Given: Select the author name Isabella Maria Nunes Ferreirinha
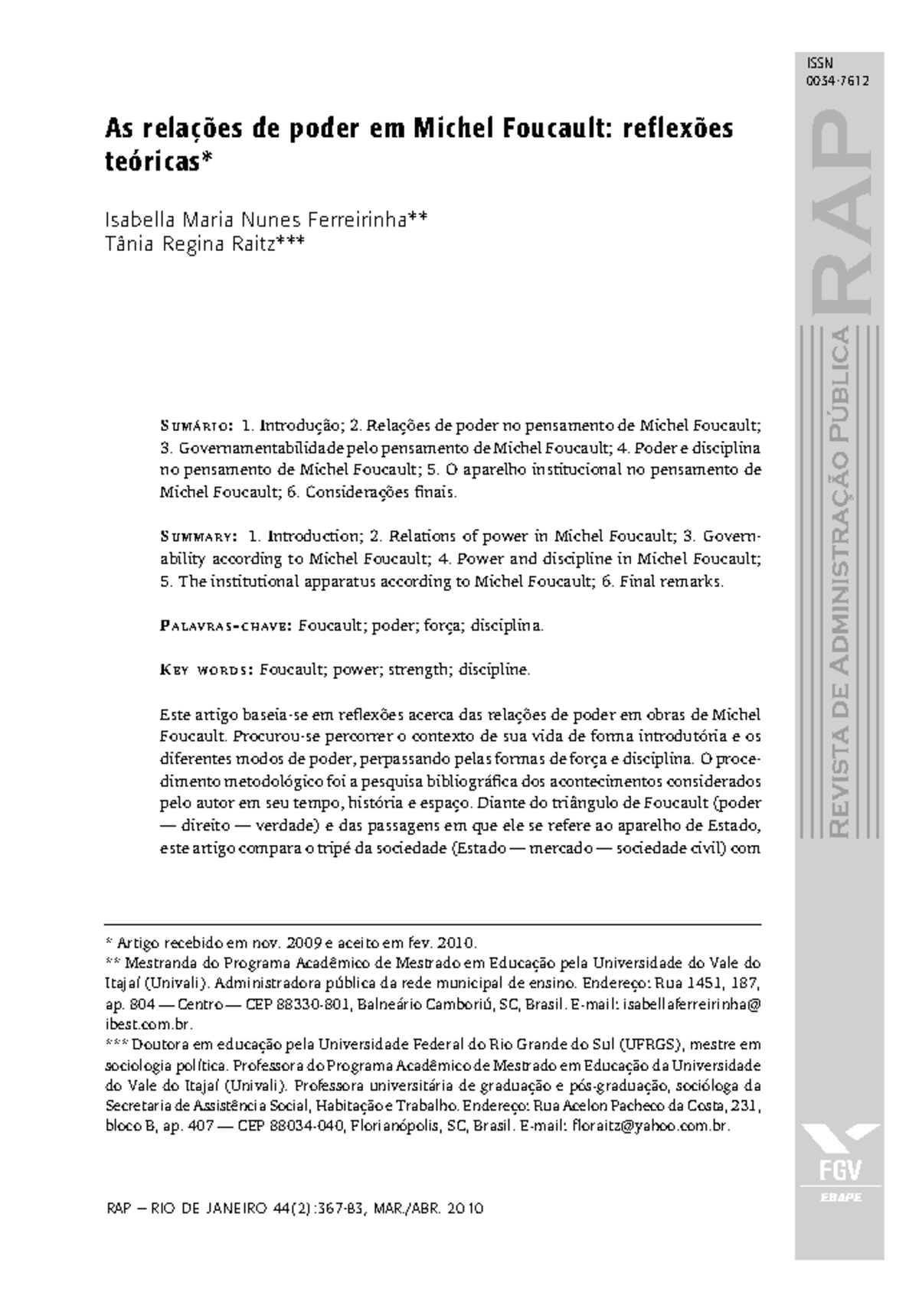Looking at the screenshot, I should (x=256, y=220).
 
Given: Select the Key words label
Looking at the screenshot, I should (x=206, y=671).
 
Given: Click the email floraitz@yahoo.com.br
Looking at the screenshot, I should (x=652, y=1127).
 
